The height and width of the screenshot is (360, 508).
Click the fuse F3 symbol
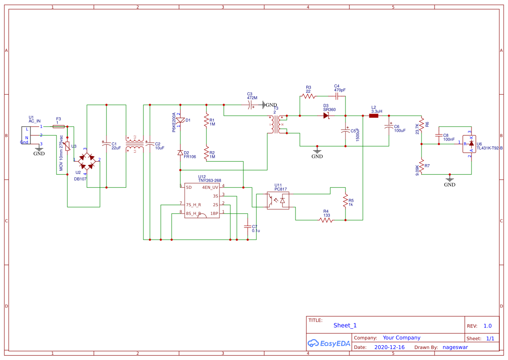[x=58, y=127]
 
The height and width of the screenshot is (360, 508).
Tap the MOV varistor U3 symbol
[x=67, y=150]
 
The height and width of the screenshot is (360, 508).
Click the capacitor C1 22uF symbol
[x=106, y=143]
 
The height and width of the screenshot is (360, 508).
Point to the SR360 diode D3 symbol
[x=326, y=116]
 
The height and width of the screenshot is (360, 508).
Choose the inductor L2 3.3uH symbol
[x=374, y=116]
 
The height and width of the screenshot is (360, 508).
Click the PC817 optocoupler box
[x=278, y=200]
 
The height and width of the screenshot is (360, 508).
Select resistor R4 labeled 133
[x=326, y=220]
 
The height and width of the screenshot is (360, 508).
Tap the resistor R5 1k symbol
[x=345, y=201]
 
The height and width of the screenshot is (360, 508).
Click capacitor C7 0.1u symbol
[x=248, y=227]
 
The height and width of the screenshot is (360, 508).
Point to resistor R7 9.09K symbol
[x=422, y=167]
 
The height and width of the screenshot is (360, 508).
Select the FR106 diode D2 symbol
[x=180, y=153]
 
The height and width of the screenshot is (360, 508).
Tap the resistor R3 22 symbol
[x=309, y=96]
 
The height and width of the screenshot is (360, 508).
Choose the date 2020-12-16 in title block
[x=389, y=347]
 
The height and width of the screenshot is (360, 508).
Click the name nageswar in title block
[x=455, y=347]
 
